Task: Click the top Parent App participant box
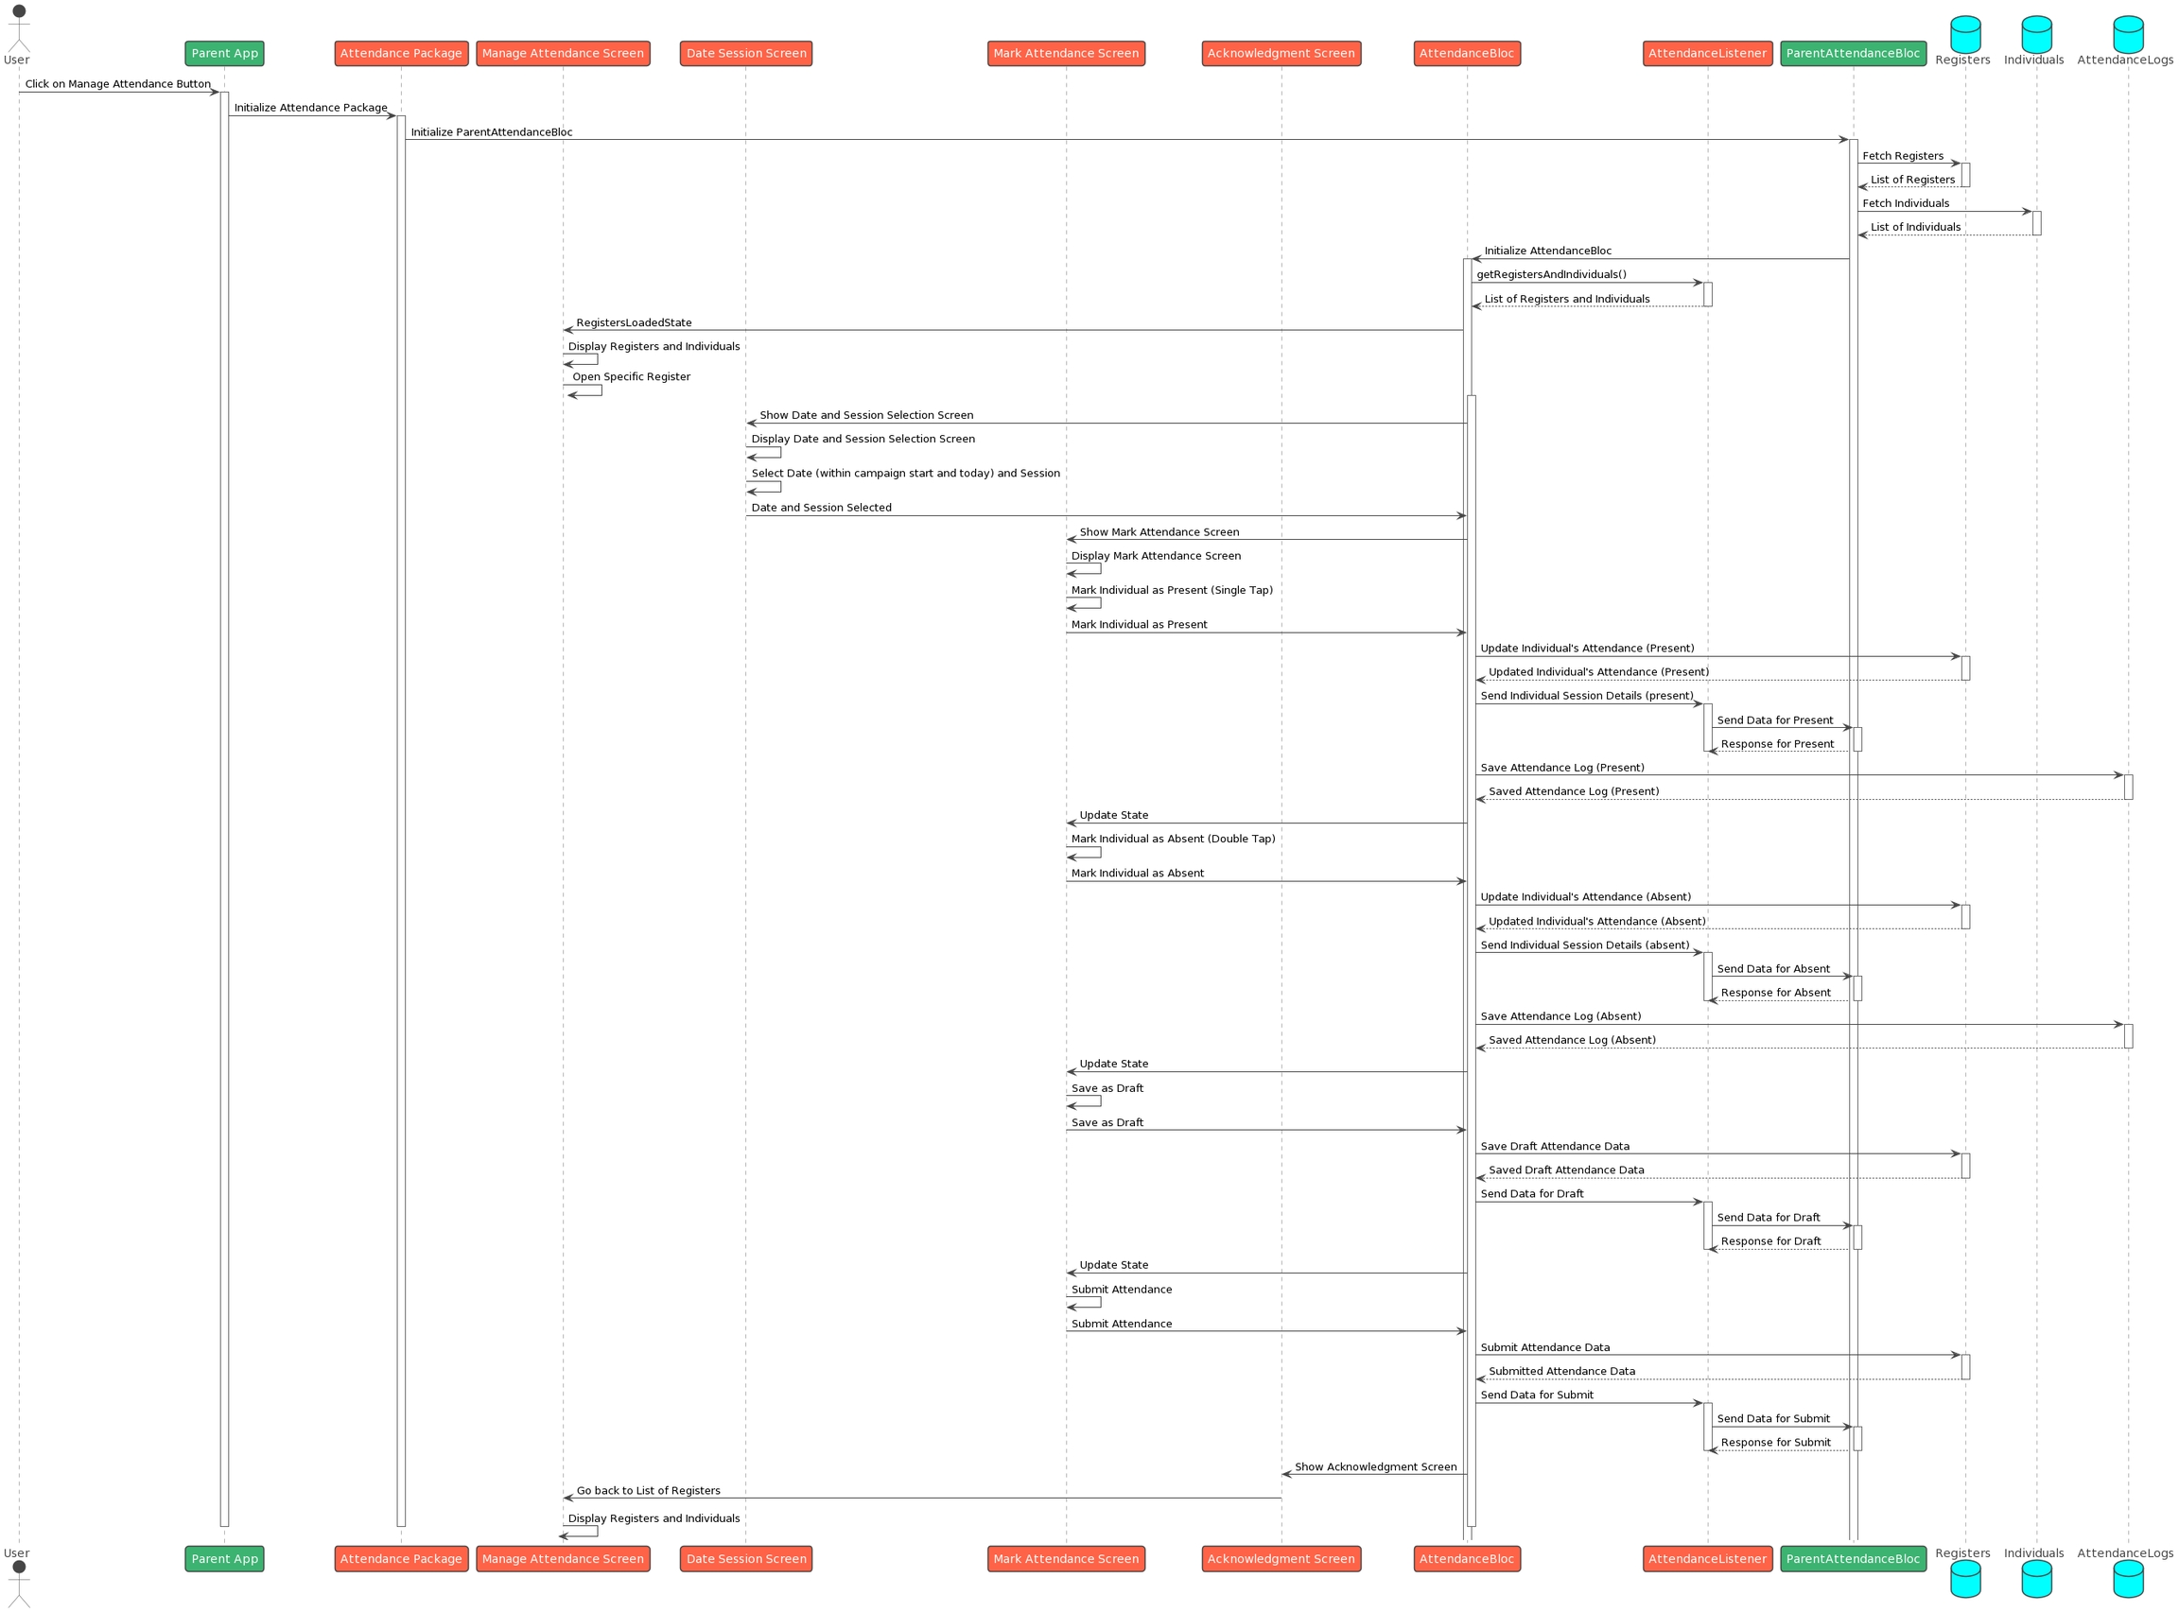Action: pos(224,54)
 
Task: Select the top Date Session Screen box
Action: pos(745,54)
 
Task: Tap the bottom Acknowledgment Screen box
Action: pos(1281,1558)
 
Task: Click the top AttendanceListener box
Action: pos(1707,54)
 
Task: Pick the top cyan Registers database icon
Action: pos(1964,33)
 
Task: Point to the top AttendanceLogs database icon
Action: pos(2127,33)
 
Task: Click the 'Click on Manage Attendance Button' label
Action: pos(117,84)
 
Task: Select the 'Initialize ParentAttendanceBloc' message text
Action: pos(491,131)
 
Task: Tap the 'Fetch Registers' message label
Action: pos(1902,156)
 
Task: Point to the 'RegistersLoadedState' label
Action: pos(634,323)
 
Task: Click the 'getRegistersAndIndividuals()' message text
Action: pos(1551,275)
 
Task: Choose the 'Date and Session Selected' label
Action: pos(821,508)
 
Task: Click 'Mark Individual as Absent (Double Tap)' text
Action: pos(1172,840)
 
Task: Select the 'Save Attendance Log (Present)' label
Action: pos(1561,768)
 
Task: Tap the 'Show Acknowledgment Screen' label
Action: pos(1375,1466)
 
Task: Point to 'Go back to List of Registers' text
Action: pos(648,1491)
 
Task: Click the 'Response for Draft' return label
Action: pos(1770,1241)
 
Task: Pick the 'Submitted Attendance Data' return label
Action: pos(1561,1371)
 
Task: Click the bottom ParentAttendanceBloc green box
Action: pos(1852,1558)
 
